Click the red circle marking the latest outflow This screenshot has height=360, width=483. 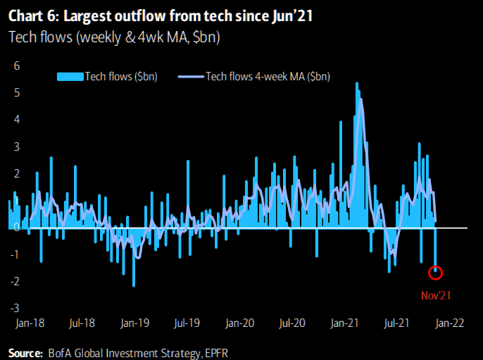[437, 272]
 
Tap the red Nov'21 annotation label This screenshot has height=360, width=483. [437, 294]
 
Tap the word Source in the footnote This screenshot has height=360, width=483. [25, 351]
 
